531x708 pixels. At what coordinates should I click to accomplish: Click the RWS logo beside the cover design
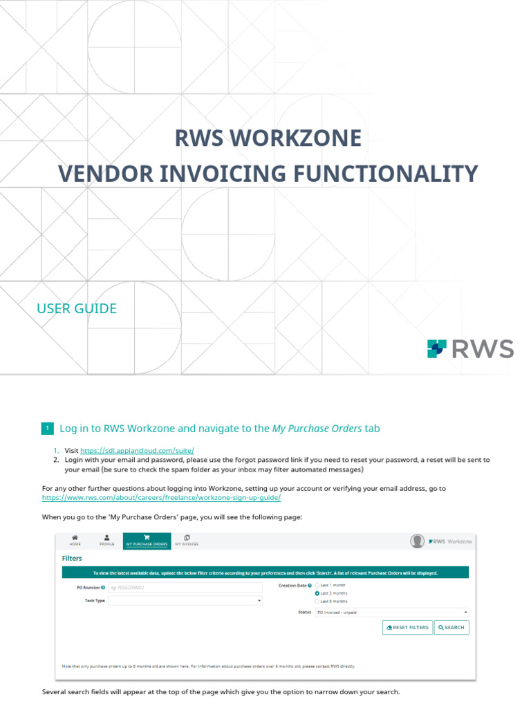470,349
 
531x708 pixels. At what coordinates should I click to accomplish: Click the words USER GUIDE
77,308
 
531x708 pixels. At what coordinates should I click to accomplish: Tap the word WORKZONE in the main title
306,138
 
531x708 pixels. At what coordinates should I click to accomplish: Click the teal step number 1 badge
47,429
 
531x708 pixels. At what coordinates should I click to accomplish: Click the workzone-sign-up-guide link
162,498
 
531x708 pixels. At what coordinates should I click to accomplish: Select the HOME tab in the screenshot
75,541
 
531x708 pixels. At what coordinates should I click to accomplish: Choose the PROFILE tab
106,541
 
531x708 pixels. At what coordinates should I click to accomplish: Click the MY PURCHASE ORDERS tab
146,541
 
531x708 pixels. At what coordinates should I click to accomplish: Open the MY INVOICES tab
187,541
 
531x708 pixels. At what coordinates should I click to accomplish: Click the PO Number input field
185,588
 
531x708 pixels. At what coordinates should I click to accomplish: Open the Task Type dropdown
185,601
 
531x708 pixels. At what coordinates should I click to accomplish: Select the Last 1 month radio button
317,586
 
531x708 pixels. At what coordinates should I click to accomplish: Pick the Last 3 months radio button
317,593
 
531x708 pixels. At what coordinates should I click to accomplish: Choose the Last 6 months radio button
317,601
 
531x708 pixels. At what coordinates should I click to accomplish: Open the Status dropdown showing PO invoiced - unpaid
391,613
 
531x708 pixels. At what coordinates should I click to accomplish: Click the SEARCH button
452,627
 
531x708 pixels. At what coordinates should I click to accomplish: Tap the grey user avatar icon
417,541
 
